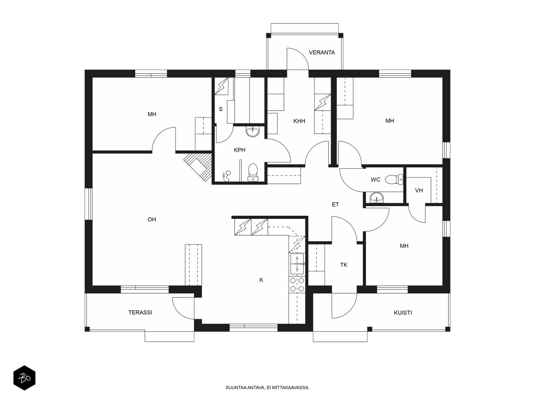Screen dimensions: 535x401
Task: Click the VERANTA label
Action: click(322, 52)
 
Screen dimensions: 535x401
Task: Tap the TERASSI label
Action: click(140, 312)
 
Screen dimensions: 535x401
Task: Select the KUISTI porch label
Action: click(403, 313)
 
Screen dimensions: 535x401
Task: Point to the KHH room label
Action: click(299, 121)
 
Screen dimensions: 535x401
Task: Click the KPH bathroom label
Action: click(240, 150)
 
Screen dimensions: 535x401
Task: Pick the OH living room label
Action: click(152, 219)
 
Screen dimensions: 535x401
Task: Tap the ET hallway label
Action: click(335, 205)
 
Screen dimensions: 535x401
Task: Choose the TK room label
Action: click(344, 265)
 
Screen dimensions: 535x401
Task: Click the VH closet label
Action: click(419, 190)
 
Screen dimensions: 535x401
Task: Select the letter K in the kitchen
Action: click(261, 280)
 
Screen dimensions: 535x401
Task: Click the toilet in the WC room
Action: click(394, 179)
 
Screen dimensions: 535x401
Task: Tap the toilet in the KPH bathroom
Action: click(253, 172)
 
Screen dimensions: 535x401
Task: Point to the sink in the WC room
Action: click(377, 197)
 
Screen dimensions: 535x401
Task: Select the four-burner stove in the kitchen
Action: click(297, 285)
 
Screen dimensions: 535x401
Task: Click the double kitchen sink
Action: click(297, 264)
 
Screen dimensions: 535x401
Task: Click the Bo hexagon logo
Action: click(24, 378)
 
